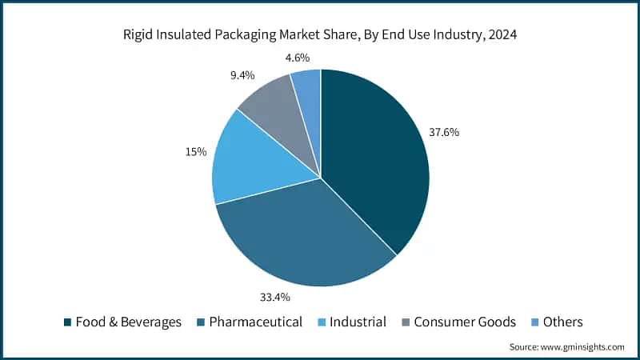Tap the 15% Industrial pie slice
pyautogui.click(x=248, y=160)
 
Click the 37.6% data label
pyautogui.click(x=444, y=133)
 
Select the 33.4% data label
pyautogui.click(x=274, y=298)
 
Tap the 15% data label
pyautogui.click(x=197, y=151)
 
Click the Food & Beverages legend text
pyautogui.click(x=129, y=322)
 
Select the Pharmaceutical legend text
pyautogui.click(x=256, y=322)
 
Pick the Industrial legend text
pyautogui.click(x=358, y=322)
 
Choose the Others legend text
pyautogui.click(x=563, y=322)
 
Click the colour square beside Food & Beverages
pyautogui.click(x=68, y=322)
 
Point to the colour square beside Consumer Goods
pyautogui.click(x=406, y=322)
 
